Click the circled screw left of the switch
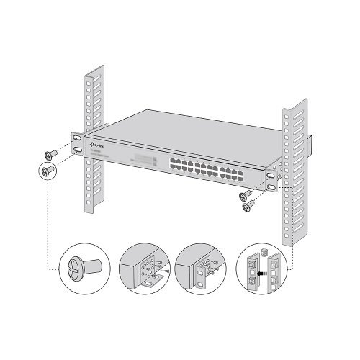47,170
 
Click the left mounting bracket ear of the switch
76,143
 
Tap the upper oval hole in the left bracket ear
76,136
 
